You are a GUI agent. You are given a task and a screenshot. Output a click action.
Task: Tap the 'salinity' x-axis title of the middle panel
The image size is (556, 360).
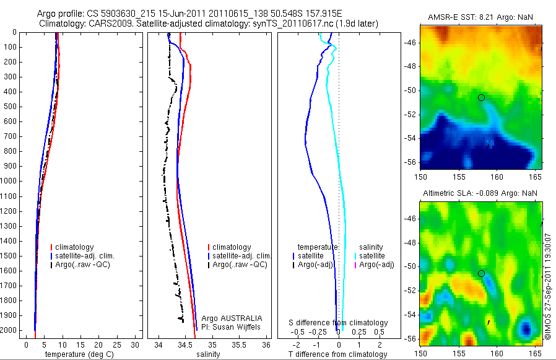pos(212,354)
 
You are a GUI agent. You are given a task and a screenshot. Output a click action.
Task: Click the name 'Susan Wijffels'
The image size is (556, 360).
pos(238,327)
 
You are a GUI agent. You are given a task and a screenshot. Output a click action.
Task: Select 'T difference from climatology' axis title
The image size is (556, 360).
pos(339,354)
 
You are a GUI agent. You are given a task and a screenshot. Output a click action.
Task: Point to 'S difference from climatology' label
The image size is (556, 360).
pos(339,323)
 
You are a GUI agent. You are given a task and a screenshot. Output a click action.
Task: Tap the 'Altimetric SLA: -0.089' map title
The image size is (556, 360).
pos(463,193)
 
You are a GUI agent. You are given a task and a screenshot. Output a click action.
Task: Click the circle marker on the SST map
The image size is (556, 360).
pos(482,97)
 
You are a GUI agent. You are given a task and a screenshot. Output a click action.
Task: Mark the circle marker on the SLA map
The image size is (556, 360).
pos(482,273)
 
